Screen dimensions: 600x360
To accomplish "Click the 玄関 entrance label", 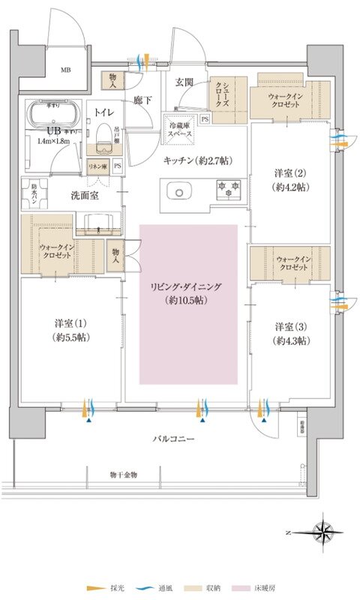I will point(185,82).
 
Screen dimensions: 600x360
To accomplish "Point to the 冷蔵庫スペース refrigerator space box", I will point(181,129).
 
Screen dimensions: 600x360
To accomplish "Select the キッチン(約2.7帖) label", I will point(199,160).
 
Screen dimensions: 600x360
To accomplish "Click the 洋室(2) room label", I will point(289,180).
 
